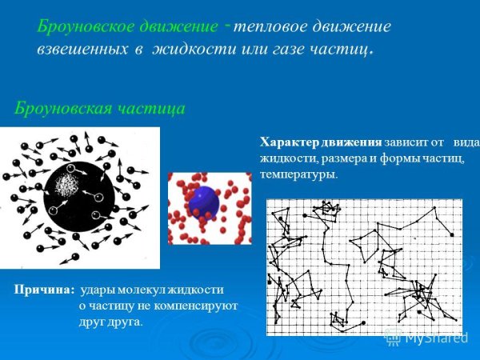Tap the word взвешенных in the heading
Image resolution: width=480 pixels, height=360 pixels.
point(84,49)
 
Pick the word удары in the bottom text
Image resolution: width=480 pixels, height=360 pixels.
point(97,290)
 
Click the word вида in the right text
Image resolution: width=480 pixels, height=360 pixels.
point(464,142)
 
